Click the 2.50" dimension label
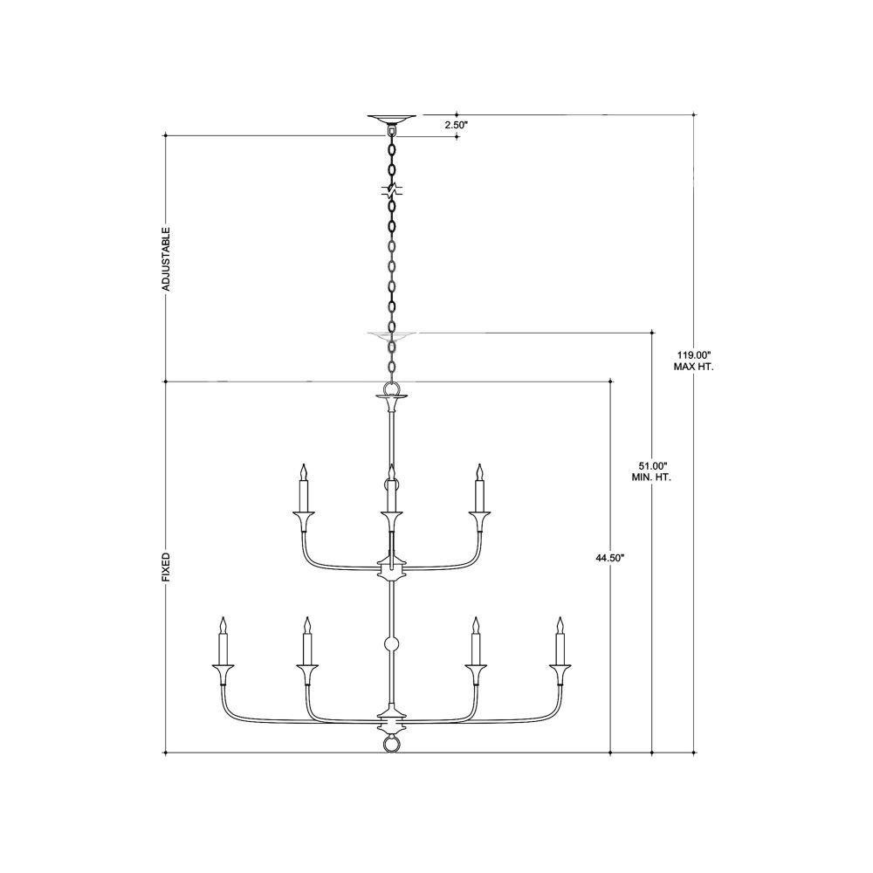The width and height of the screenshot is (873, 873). click(x=456, y=125)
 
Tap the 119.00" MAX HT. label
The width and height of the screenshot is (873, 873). click(x=694, y=361)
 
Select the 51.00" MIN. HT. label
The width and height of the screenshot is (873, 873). click(x=651, y=471)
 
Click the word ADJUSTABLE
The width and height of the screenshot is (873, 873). click(x=166, y=259)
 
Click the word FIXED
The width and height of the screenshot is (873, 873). click(x=166, y=567)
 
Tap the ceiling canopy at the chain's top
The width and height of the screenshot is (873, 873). click(x=391, y=119)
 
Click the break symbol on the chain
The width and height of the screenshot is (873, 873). click(x=392, y=191)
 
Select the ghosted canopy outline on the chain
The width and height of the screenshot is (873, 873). click(x=391, y=335)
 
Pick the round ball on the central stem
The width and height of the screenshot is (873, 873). click(x=392, y=645)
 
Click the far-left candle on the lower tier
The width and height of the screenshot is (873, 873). click(x=223, y=641)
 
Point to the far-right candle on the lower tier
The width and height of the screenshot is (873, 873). click(x=560, y=641)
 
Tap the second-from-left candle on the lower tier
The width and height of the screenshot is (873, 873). click(x=306, y=641)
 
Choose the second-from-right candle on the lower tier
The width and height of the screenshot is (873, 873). click(x=476, y=641)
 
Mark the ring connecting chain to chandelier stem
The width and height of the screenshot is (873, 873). click(x=391, y=388)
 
